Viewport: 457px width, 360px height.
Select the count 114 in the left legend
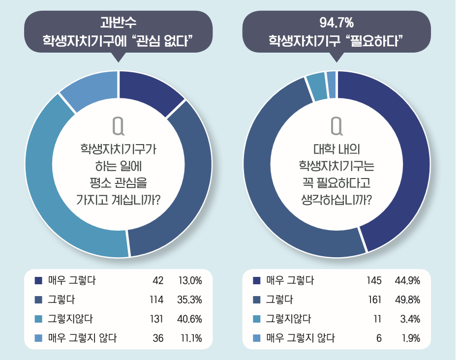click(x=156, y=300)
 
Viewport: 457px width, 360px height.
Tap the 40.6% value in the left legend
click(x=190, y=319)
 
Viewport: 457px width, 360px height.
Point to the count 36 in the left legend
click(x=157, y=338)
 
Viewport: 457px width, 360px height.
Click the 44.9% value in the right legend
click(x=407, y=281)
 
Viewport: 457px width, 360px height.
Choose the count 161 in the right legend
click(x=374, y=300)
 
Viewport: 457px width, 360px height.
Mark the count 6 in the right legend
click(x=378, y=338)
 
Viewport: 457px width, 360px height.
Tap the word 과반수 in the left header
click(x=118, y=23)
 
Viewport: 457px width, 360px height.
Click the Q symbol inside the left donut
click(x=118, y=126)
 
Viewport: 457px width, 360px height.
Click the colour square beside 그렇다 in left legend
click(x=38, y=300)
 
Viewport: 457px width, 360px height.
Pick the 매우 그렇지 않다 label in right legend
click(x=300, y=338)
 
